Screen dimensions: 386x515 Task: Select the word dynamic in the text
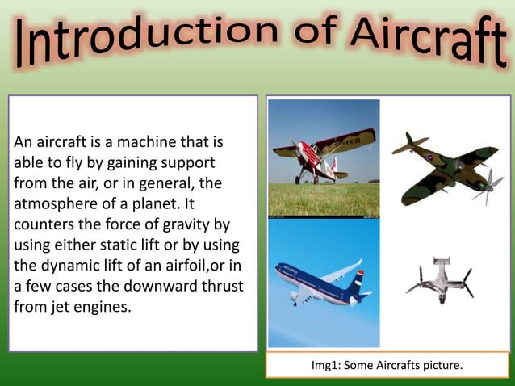(69, 266)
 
